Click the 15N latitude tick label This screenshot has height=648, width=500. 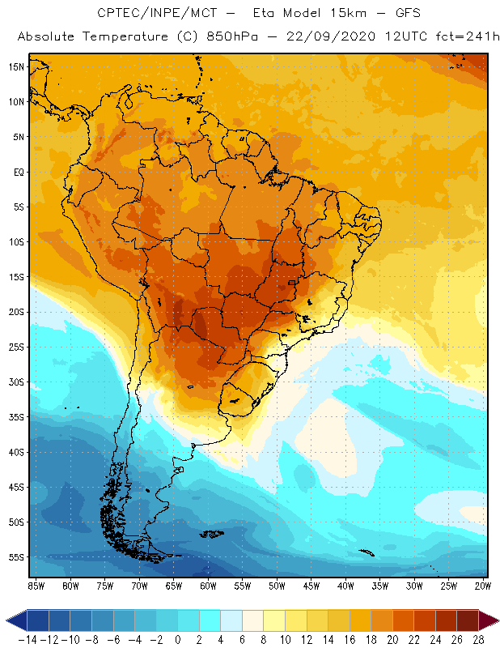click(16, 66)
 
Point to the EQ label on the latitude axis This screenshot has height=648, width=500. click(17, 172)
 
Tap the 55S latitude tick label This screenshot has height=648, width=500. click(16, 557)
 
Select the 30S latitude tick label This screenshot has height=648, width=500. click(16, 382)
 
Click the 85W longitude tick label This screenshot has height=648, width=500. click(36, 585)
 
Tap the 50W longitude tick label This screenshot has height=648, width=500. click(278, 585)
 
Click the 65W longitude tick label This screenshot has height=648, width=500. click(174, 585)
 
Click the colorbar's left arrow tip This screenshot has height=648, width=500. click(7, 620)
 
